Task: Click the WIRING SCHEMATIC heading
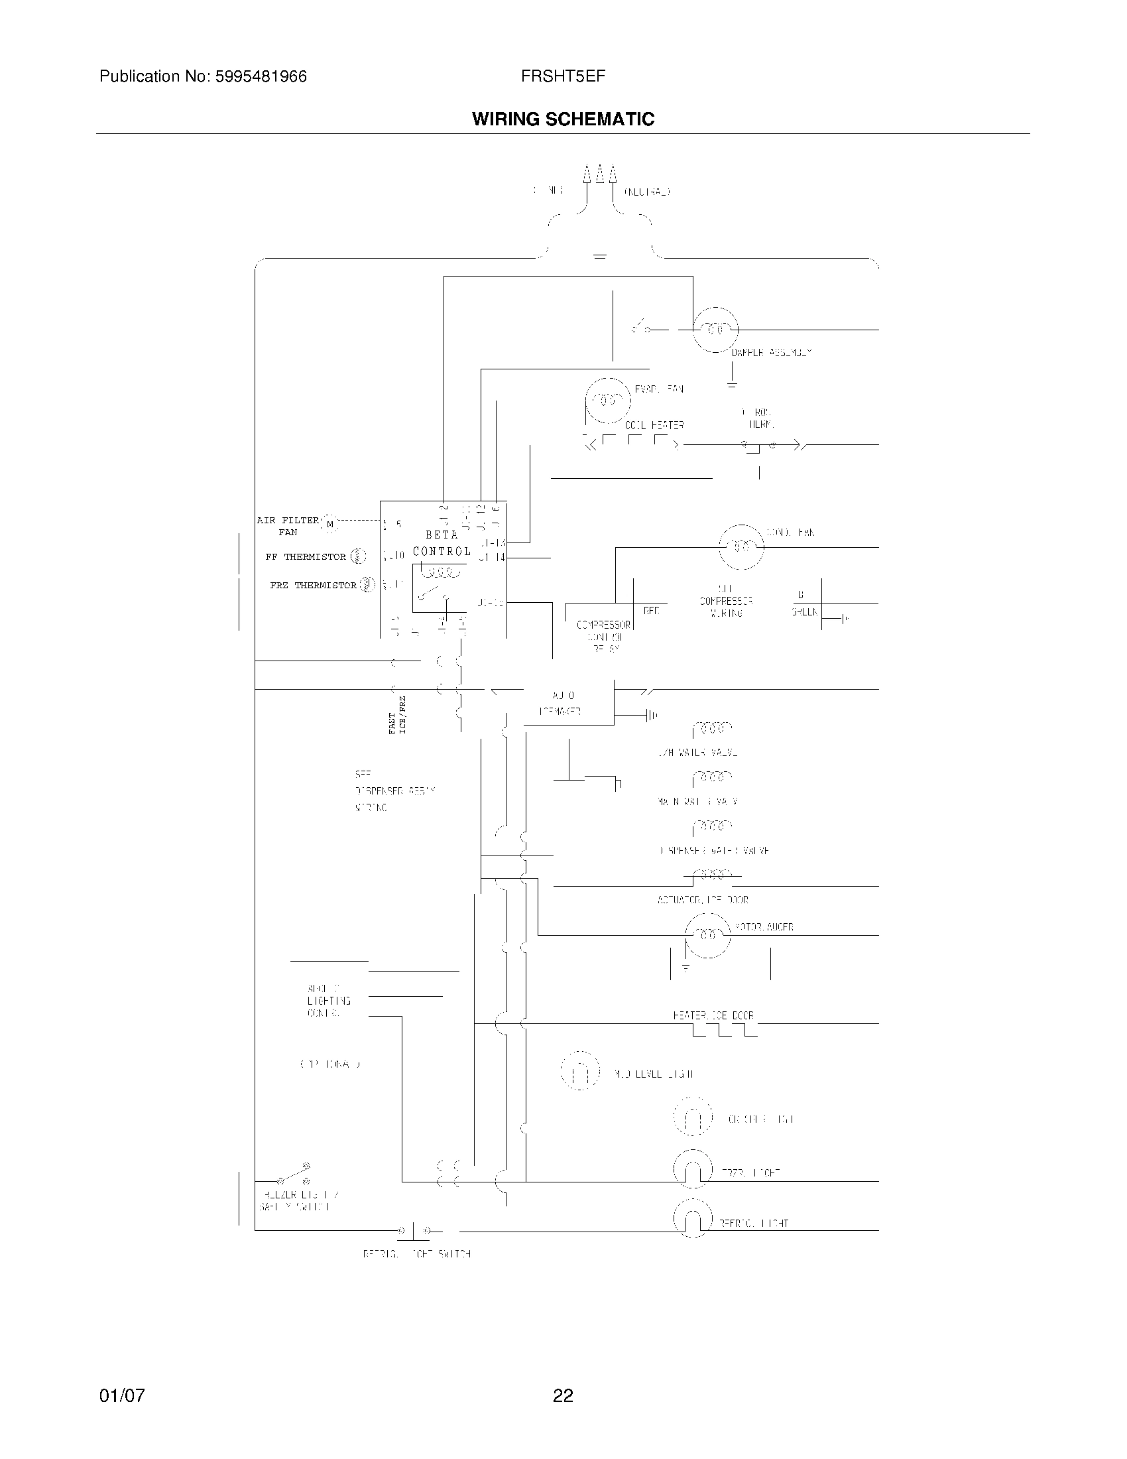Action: coord(563,119)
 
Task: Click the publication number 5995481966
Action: coord(261,77)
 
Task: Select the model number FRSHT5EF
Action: coord(563,76)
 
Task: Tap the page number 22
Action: coord(563,1395)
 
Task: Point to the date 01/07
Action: coord(122,1395)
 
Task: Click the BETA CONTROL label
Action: coord(442,543)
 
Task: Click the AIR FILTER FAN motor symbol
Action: coord(329,525)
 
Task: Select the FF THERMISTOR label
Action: coord(305,556)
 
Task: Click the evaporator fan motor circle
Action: coord(607,400)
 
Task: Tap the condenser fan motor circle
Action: coord(741,546)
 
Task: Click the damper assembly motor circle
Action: coord(715,330)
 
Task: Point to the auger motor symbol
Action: coord(707,935)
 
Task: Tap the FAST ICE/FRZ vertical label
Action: coord(397,715)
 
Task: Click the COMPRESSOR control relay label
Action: coord(603,636)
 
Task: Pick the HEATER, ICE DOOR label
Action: coord(713,1015)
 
